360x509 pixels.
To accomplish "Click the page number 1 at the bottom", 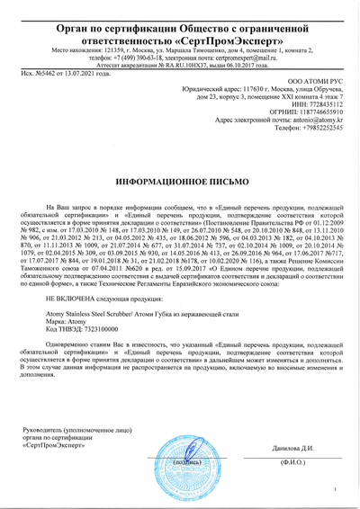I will coord(333,489).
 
